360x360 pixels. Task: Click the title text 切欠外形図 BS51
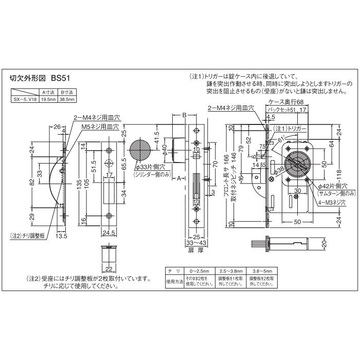click(39, 79)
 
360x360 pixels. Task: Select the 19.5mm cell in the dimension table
click(48, 99)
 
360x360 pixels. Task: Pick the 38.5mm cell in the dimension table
click(66, 99)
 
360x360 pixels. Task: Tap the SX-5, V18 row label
click(25, 99)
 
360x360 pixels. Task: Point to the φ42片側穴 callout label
click(333, 186)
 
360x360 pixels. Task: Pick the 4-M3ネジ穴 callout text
click(330, 203)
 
